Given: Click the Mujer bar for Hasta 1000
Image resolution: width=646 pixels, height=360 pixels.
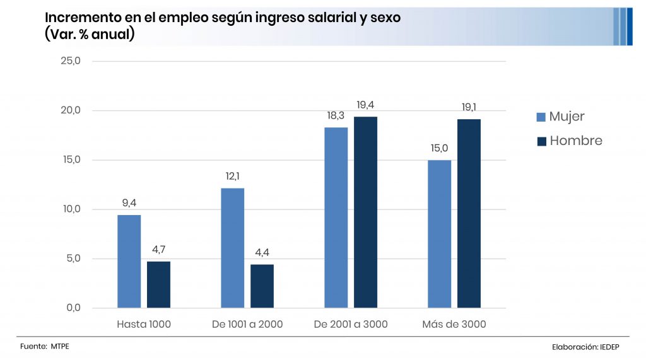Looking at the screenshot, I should [x=129, y=261].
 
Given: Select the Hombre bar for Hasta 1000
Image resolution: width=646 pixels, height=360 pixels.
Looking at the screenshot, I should [x=158, y=284].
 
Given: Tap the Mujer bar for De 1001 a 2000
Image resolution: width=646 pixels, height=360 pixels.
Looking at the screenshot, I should [x=233, y=248].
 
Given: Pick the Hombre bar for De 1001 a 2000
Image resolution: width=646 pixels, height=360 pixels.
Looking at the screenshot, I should [x=262, y=286].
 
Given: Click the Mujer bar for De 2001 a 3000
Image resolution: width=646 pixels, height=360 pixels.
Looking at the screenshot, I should [x=336, y=218].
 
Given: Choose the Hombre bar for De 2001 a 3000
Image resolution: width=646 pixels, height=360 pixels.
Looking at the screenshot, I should [x=365, y=212].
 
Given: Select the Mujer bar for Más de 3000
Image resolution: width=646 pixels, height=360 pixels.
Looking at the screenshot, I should [x=439, y=234].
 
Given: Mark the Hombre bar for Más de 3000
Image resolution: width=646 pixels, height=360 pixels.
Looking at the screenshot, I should [x=469, y=213].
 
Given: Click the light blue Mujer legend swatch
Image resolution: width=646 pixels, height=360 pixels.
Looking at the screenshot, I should [x=541, y=117].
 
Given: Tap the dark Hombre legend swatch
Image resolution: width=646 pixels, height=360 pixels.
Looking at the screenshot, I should [x=541, y=141].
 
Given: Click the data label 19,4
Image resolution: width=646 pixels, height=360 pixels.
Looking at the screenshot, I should [x=365, y=105].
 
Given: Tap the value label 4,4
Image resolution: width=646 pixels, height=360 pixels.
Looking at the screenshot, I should [x=262, y=253].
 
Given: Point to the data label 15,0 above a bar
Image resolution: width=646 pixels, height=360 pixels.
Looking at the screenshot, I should [x=439, y=148].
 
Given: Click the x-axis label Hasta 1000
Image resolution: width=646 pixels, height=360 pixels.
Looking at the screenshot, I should [x=144, y=325].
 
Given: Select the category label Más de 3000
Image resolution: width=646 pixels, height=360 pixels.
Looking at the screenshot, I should [x=454, y=325].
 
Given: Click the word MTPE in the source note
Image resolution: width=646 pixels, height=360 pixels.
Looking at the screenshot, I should [x=61, y=347].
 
